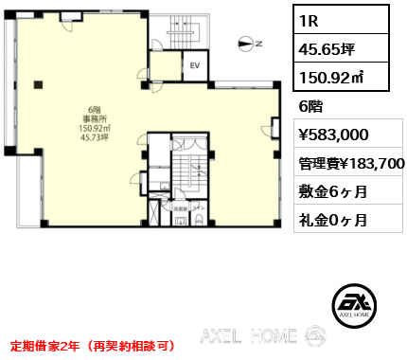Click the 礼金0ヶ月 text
[334, 222]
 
